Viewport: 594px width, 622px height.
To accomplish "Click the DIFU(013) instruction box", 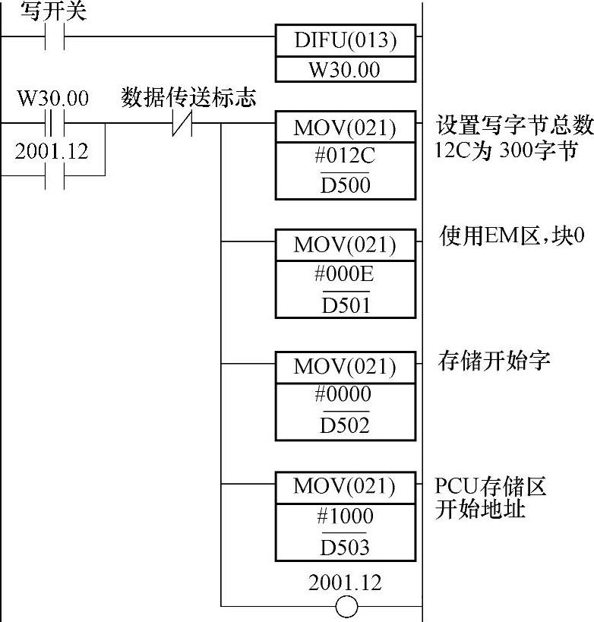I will (x=346, y=40).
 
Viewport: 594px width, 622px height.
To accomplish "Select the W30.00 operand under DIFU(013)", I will (x=346, y=70).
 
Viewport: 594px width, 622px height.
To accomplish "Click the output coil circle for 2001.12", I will (x=346, y=606).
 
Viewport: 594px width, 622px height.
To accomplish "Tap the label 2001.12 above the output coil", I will (x=346, y=583).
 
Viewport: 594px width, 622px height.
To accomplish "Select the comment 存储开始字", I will (x=494, y=359).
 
